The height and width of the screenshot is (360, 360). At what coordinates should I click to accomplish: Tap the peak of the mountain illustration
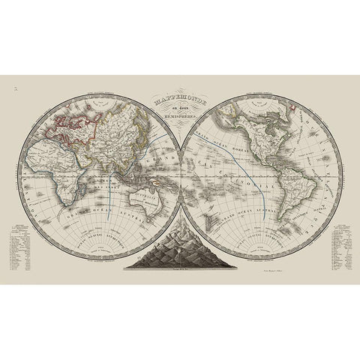(180, 229)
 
